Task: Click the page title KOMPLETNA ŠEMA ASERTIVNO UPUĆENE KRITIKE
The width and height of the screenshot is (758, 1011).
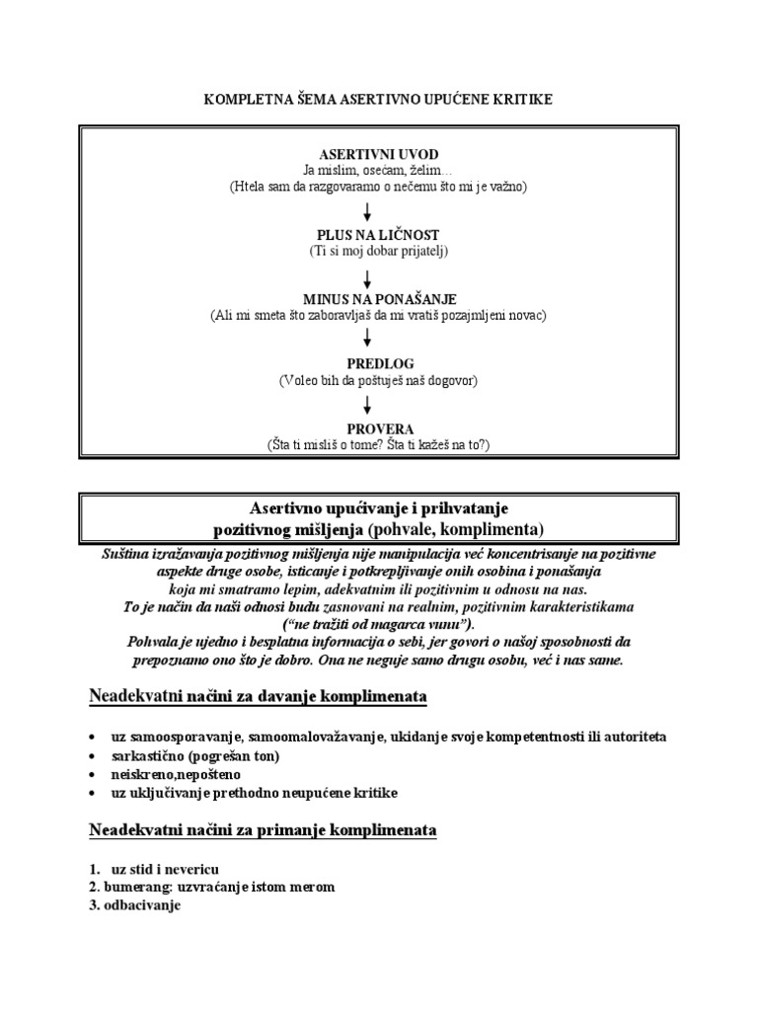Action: [378, 100]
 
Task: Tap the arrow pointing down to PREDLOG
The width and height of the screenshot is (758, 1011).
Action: [367, 339]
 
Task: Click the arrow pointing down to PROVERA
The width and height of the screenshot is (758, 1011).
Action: [367, 404]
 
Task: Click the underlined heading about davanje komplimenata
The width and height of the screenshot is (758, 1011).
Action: [258, 698]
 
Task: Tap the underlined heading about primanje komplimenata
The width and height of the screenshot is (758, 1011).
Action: [263, 830]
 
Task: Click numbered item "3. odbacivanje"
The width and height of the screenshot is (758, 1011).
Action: [132, 905]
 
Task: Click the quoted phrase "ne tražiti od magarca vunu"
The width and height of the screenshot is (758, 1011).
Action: [378, 624]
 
